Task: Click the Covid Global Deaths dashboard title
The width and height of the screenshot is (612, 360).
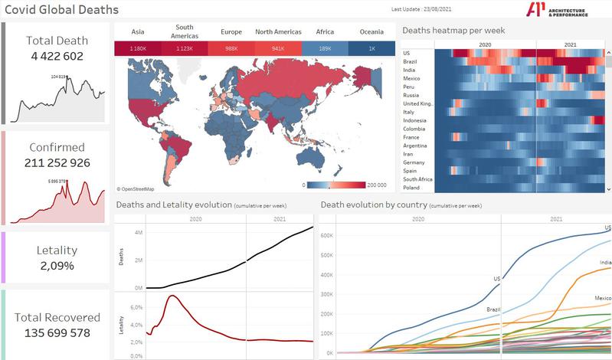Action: click(x=62, y=10)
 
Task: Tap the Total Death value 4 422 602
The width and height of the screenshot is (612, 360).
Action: click(x=57, y=56)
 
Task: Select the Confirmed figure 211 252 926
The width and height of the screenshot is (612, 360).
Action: click(x=57, y=162)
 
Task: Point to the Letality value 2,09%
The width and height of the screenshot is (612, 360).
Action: click(x=57, y=266)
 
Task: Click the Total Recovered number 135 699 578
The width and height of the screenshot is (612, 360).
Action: click(x=57, y=332)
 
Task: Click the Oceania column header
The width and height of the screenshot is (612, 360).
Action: click(x=371, y=32)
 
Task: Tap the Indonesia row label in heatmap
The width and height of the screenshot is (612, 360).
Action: click(x=416, y=120)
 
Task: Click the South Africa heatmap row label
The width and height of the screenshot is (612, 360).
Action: click(x=418, y=179)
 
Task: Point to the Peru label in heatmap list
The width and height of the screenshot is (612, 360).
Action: click(x=409, y=87)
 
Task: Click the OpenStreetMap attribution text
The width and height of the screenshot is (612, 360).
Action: click(x=136, y=188)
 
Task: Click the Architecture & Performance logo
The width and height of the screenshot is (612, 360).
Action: click(x=557, y=9)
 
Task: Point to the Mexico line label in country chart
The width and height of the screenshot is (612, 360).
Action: click(x=602, y=297)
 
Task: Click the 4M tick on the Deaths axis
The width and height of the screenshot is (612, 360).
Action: click(x=137, y=233)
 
